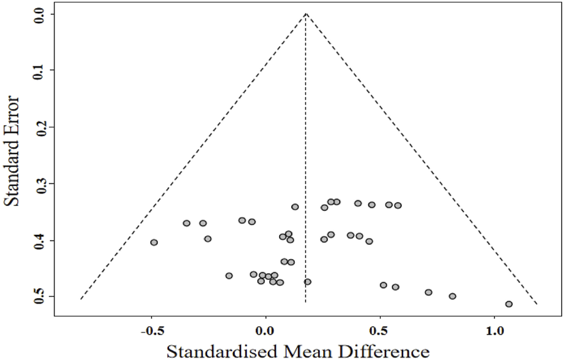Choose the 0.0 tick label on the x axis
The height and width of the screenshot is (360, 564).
point(266,331)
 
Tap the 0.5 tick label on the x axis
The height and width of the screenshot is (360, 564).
point(380,331)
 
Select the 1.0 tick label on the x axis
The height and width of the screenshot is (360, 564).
point(495,331)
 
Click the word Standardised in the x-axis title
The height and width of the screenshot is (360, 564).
point(216,350)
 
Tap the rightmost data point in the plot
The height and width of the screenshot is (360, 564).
point(509,304)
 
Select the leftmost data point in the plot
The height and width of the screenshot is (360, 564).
point(154,242)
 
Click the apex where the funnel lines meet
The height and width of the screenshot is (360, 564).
point(305,13)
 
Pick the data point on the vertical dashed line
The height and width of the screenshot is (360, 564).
point(307,282)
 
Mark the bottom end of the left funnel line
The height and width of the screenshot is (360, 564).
point(81,300)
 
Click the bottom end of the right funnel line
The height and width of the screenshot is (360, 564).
point(537,304)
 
